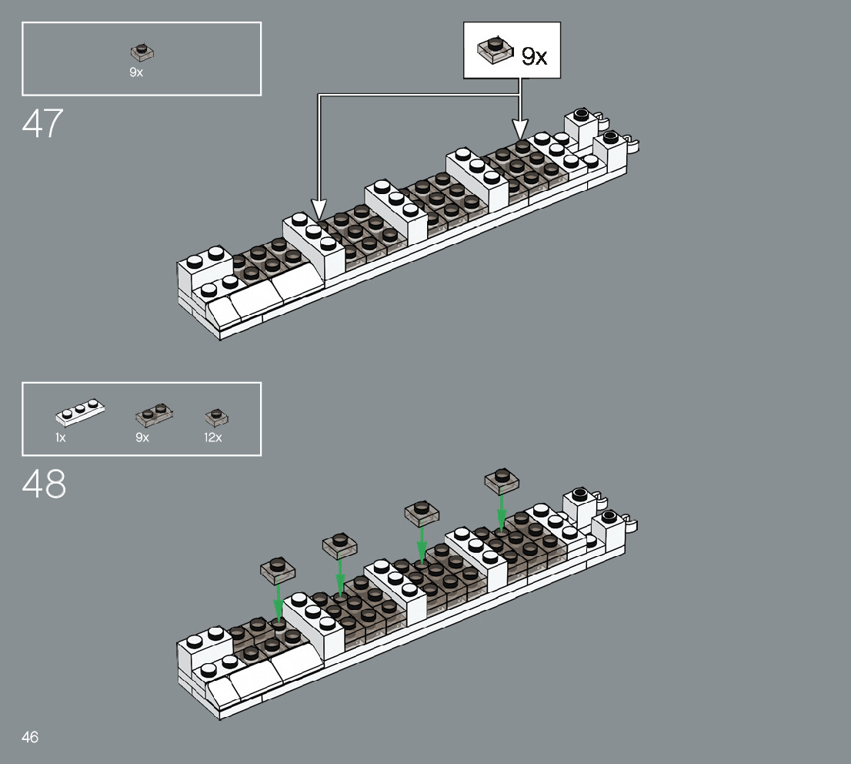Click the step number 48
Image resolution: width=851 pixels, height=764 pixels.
(44, 484)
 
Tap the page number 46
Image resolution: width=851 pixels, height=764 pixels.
(30, 737)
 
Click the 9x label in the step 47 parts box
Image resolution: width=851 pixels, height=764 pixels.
(136, 72)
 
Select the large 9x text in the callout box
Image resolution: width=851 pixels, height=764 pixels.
(534, 56)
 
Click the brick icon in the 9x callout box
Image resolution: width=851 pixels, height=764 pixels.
(495, 50)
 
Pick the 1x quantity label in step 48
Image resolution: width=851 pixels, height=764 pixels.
(60, 437)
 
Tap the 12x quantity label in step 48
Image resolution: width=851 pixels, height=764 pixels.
(212, 437)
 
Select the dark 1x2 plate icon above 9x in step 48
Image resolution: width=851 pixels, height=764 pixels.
(154, 414)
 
